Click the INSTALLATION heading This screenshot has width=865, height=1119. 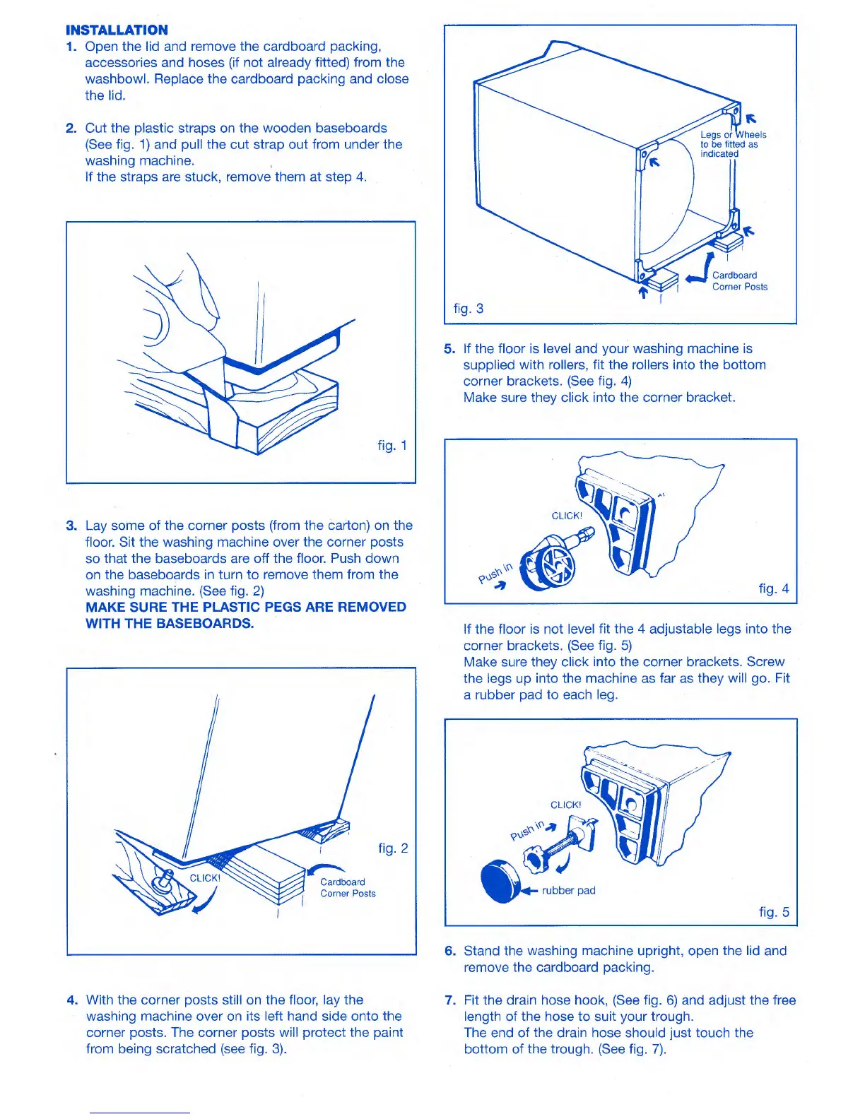(x=117, y=30)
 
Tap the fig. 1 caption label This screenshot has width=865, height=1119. (x=392, y=445)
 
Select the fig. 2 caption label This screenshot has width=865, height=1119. (x=393, y=848)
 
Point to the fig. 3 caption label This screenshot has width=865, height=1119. (x=469, y=308)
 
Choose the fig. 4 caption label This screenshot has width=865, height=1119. (x=774, y=588)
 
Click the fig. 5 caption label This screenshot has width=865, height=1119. (x=774, y=911)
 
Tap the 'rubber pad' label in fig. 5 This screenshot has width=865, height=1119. (x=568, y=890)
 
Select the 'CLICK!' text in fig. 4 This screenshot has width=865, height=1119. (x=567, y=516)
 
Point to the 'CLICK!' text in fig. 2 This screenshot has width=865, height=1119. (x=205, y=878)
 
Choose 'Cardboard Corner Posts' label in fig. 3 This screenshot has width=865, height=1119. (x=739, y=280)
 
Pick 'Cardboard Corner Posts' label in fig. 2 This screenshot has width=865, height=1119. (x=348, y=887)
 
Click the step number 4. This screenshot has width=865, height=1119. (x=72, y=1000)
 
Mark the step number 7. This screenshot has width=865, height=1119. (x=450, y=1000)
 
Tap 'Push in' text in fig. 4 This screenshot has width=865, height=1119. (x=495, y=573)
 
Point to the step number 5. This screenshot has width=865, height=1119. (x=449, y=348)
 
